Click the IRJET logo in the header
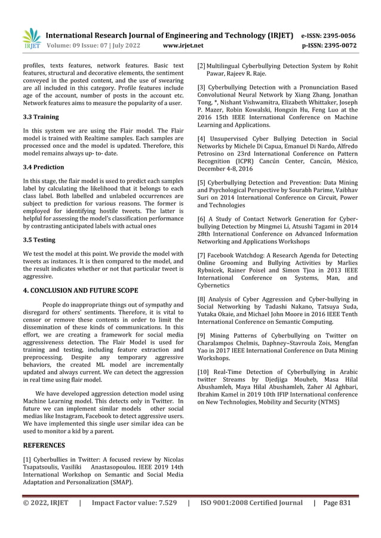click(x=30, y=38)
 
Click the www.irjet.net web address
click(x=183, y=45)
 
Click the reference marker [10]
click(x=204, y=370)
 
